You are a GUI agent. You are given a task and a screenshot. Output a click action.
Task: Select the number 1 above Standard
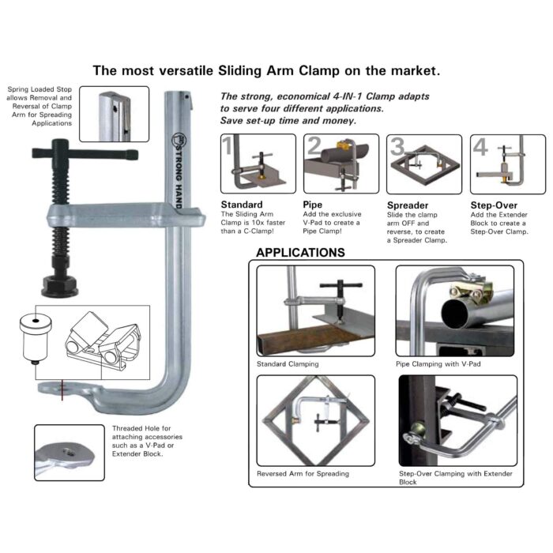(x=228, y=146)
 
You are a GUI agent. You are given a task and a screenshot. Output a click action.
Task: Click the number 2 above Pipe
(x=314, y=146)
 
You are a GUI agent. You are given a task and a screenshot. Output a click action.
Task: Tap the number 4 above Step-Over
(x=480, y=146)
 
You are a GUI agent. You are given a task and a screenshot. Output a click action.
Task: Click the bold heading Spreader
(x=408, y=205)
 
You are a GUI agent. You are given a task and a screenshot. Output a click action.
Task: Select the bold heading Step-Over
(x=494, y=205)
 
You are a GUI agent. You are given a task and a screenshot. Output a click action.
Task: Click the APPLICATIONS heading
(x=300, y=253)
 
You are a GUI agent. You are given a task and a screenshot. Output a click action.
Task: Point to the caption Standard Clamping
(x=288, y=364)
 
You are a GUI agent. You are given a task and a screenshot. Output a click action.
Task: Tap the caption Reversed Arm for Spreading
(x=303, y=474)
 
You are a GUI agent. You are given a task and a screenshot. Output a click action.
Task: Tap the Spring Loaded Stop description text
(x=39, y=107)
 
